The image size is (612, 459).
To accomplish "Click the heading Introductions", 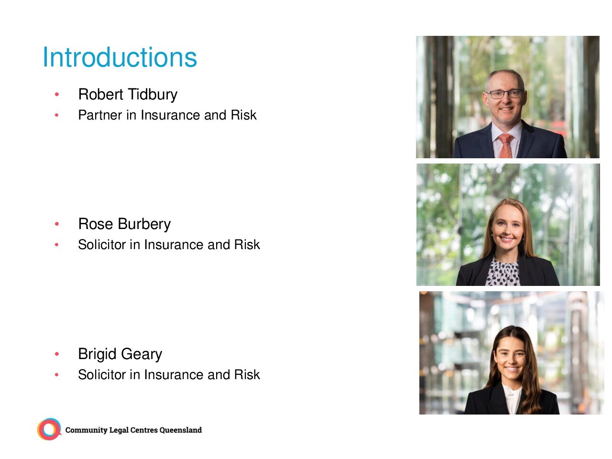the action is tap(120, 57).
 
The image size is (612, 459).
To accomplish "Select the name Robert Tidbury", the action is tap(128, 95).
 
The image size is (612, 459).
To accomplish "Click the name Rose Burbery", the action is tap(124, 224).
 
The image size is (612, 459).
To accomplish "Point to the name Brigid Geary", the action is tap(120, 354).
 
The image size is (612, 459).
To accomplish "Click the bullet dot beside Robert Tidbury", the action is tap(57, 95).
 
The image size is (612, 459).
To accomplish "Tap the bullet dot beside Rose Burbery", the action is tap(57, 224).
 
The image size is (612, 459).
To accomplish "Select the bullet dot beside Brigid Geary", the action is tap(57, 354).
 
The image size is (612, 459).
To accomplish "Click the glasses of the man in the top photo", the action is tap(504, 94).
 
